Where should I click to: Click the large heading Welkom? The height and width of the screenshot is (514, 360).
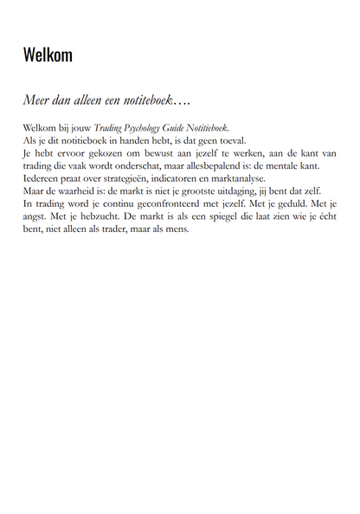click(x=48, y=55)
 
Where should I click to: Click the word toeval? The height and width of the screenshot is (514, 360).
click(x=232, y=138)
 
